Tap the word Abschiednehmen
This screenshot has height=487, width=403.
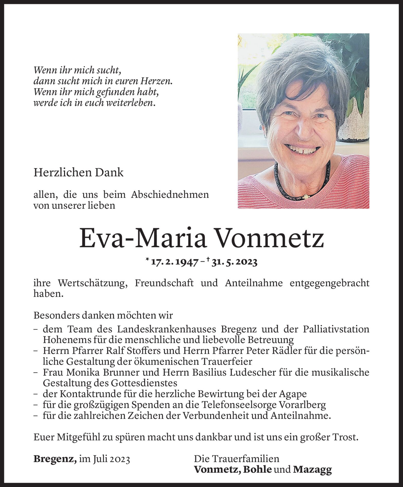tap(170, 195)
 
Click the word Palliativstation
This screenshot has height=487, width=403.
tap(336, 329)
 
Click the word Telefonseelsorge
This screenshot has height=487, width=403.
tap(238, 405)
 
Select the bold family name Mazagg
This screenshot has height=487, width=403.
tap(312, 470)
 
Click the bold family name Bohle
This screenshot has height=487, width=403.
tap(258, 470)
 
